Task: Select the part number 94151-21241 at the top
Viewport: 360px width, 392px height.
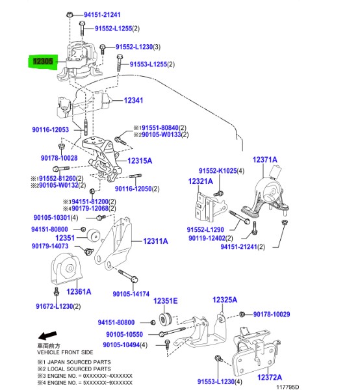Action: [x=102, y=14]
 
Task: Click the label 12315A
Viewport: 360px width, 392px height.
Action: [x=140, y=161]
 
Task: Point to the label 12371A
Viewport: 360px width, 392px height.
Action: [x=264, y=159]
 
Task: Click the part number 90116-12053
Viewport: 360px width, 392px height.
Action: [x=50, y=130]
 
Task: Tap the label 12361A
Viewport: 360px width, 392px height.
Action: [x=77, y=292]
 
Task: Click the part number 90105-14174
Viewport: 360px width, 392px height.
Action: [x=131, y=294]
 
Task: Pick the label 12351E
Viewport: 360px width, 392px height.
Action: [x=166, y=301]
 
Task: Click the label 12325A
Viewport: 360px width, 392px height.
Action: [x=225, y=300]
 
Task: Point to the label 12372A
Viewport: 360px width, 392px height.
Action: [x=270, y=377]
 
